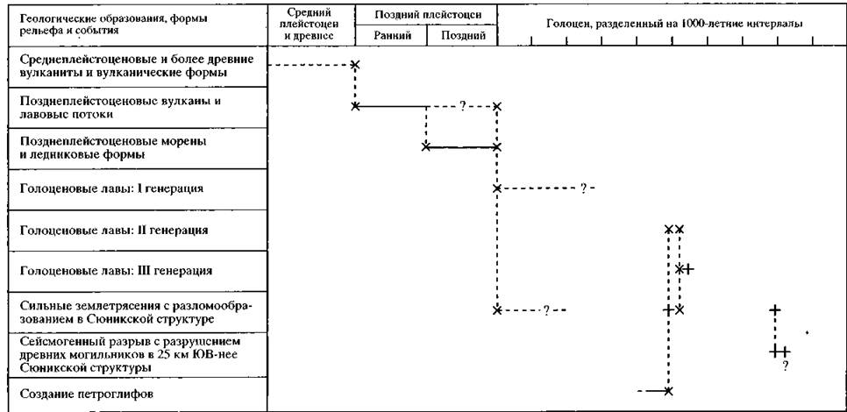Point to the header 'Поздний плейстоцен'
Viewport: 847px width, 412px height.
click(x=425, y=14)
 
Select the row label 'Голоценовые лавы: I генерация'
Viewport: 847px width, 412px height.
click(x=112, y=188)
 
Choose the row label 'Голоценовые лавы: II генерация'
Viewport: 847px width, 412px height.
click(x=114, y=230)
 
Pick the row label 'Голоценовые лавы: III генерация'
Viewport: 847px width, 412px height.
click(x=116, y=271)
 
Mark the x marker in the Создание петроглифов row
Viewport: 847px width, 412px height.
click(x=669, y=391)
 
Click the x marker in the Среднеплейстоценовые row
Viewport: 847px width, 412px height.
click(x=355, y=65)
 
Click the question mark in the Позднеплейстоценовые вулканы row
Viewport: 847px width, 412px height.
click(x=462, y=107)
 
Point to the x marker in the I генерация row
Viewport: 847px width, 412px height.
click(x=497, y=188)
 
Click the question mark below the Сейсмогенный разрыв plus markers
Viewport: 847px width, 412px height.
click(x=785, y=366)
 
